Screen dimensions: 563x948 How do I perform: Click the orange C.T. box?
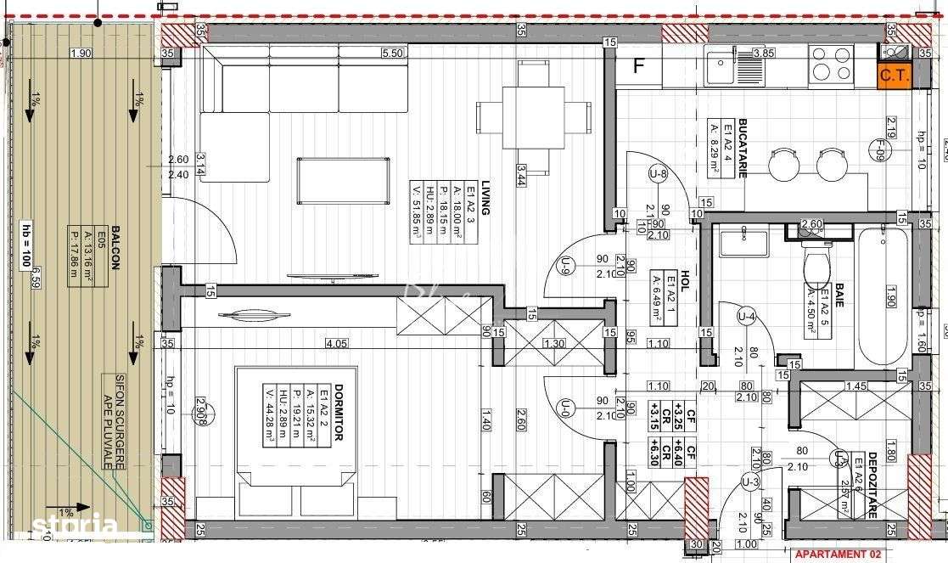894,76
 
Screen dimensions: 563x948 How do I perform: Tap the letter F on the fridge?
639,65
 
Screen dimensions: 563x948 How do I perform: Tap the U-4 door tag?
747,317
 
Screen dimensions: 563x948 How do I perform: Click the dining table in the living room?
534,115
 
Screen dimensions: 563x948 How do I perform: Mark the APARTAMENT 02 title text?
839,555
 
